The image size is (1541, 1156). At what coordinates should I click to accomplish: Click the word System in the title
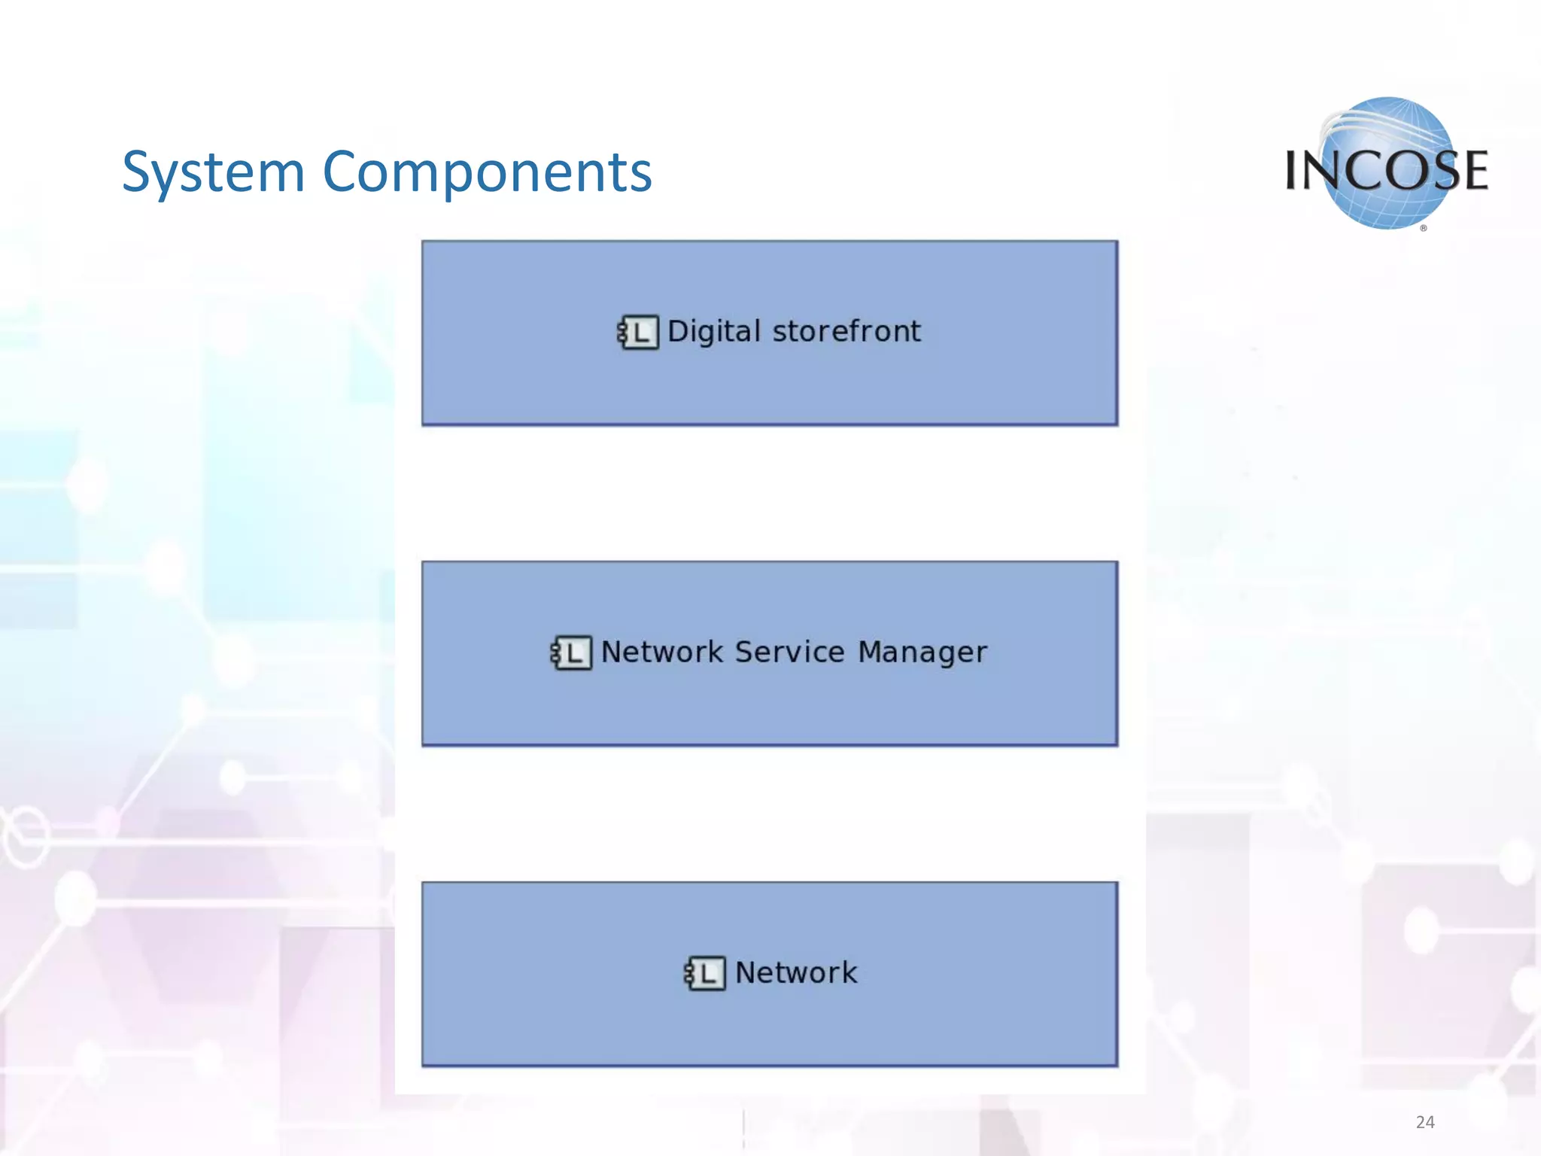pos(213,173)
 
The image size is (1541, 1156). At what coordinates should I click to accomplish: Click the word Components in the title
pos(487,173)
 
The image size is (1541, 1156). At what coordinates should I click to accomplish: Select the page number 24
pos(1424,1122)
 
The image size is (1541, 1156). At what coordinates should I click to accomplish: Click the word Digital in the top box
pos(713,332)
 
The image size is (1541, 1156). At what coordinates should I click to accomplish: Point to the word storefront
pos(846,332)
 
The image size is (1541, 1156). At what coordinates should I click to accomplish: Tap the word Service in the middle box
pos(789,652)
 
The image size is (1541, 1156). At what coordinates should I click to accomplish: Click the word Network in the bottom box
pos(795,972)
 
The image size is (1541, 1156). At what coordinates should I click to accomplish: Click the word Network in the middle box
pos(661,652)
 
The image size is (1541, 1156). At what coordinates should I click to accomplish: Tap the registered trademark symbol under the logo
pos(1424,228)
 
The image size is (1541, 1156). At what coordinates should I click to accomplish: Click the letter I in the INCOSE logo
pos(1292,170)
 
